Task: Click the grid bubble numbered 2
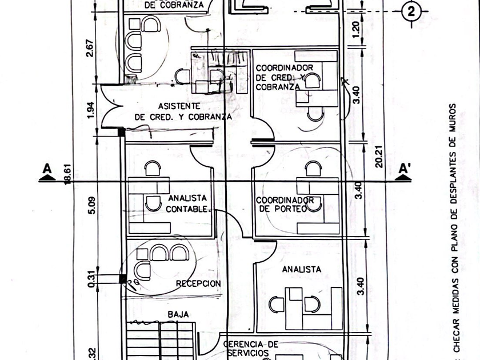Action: tap(411, 11)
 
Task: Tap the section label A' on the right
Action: tap(405, 169)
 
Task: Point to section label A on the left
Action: tap(47, 169)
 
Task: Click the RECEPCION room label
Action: tap(198, 283)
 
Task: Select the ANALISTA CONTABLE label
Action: tap(187, 203)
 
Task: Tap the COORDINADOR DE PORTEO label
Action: tap(285, 205)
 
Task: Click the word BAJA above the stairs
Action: tap(178, 314)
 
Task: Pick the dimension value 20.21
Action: tap(378, 155)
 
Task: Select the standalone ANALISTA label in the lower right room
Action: tap(301, 269)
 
